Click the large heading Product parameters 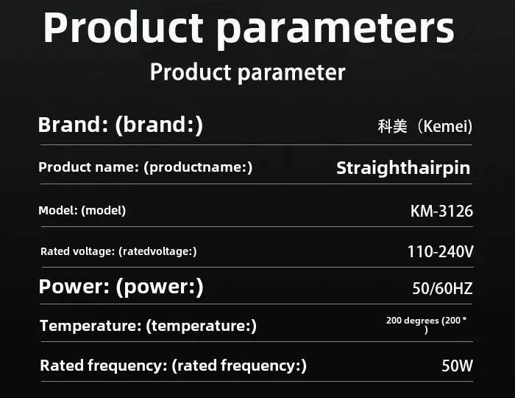pos(249,29)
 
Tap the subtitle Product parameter pos(248,72)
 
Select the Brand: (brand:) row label pos(121,125)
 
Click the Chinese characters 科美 pos(392,126)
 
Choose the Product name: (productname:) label pos(146,167)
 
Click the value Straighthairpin pos(403,168)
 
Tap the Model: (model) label pos(82,211)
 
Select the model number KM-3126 pos(441,211)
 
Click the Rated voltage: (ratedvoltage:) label pos(118,251)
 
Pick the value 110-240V pos(441,252)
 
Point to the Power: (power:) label pos(121,287)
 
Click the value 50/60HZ pos(442,288)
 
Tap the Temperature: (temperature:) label pos(148,326)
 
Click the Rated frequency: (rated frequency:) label pos(173,366)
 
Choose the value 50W pos(457,366)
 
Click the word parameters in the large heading pos(335,30)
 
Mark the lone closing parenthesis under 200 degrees pos(426,330)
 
